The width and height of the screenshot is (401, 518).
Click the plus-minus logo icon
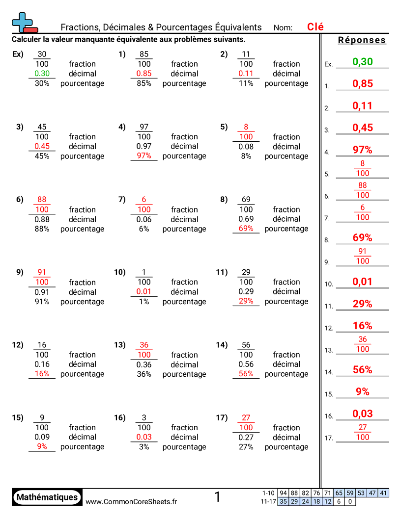pyautogui.click(x=24, y=23)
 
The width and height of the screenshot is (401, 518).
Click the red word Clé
pyautogui.click(x=315, y=27)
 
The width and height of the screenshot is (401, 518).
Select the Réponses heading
pyautogui.click(x=362, y=40)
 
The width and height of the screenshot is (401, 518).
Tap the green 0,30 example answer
pyautogui.click(x=363, y=62)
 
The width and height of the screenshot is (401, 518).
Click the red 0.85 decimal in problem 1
pyautogui.click(x=144, y=74)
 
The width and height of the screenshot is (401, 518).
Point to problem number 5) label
pyautogui.click(x=224, y=127)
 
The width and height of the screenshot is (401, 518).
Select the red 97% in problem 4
pyautogui.click(x=144, y=156)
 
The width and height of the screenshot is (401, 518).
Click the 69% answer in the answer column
pyautogui.click(x=363, y=238)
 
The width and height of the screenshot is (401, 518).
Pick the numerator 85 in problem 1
pyautogui.click(x=144, y=54)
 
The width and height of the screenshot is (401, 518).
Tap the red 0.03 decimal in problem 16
pyautogui.click(x=144, y=437)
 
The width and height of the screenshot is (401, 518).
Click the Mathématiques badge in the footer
pyautogui.click(x=47, y=497)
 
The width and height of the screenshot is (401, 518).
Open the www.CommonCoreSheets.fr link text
pyautogui.click(x=131, y=501)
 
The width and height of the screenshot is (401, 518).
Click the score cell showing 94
pyautogui.click(x=283, y=493)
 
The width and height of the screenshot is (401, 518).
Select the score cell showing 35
pyautogui.click(x=283, y=501)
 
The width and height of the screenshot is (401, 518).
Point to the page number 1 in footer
pyautogui.click(x=217, y=497)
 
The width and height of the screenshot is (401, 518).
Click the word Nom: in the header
pyautogui.click(x=283, y=28)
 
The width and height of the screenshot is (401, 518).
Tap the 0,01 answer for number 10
pyautogui.click(x=363, y=282)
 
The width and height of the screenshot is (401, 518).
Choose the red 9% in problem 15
pyautogui.click(x=42, y=447)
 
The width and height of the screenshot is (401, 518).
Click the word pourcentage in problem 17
pyautogui.click(x=286, y=447)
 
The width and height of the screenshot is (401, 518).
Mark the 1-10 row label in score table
pyautogui.click(x=268, y=493)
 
